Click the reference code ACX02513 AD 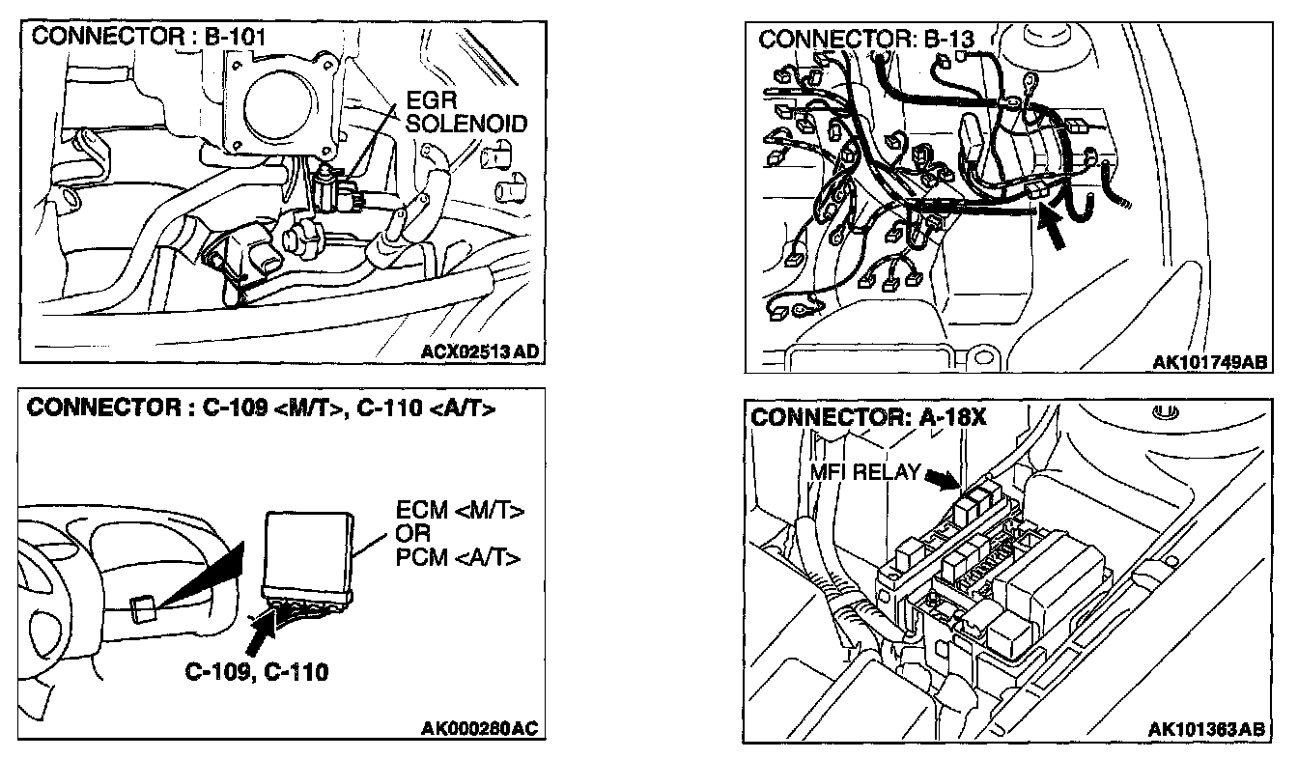point(480,351)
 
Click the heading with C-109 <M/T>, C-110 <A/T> point(262,408)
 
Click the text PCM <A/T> point(460,557)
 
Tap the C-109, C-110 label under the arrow point(256,671)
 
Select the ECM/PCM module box point(306,550)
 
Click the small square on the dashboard point(141,609)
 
